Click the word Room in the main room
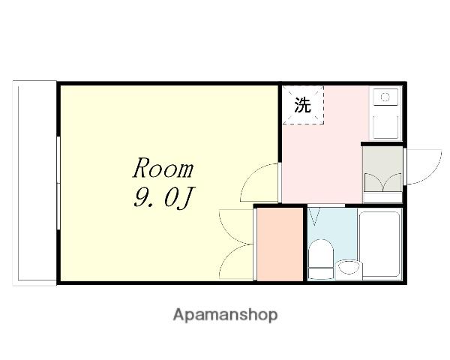tap(163, 168)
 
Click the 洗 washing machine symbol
tap(303, 105)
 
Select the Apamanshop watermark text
tap(225, 315)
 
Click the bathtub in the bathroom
tap(380, 244)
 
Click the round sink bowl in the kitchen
tap(385, 97)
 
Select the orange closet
tap(280, 244)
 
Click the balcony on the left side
tap(34, 183)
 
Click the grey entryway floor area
tap(382, 169)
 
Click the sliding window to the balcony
tap(58, 183)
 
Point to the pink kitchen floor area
tap(322, 163)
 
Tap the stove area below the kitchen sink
tap(385, 127)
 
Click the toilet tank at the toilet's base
tap(321, 274)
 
